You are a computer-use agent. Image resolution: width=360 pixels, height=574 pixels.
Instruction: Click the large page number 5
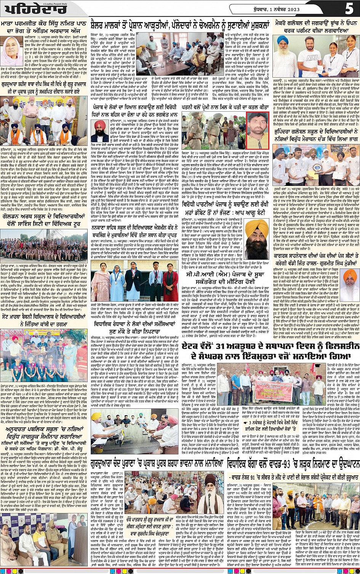(349, 9)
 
